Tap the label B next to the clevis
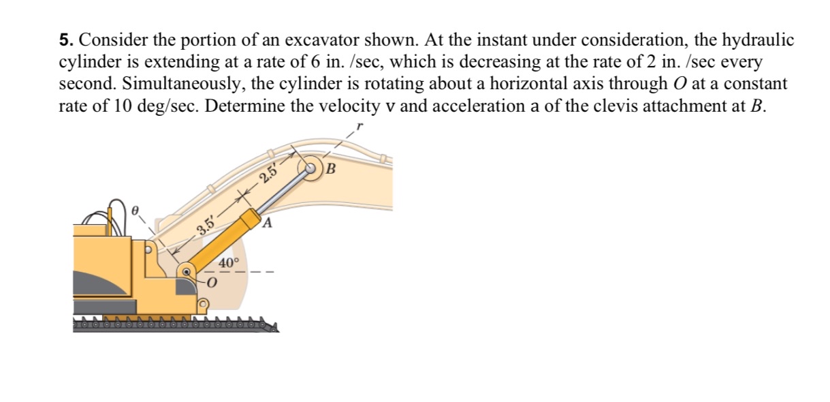point(332,168)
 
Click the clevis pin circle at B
point(313,168)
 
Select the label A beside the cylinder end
point(268,222)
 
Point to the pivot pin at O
point(186,272)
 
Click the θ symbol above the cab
point(135,212)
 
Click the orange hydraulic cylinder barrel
point(225,241)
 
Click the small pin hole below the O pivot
point(203,303)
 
